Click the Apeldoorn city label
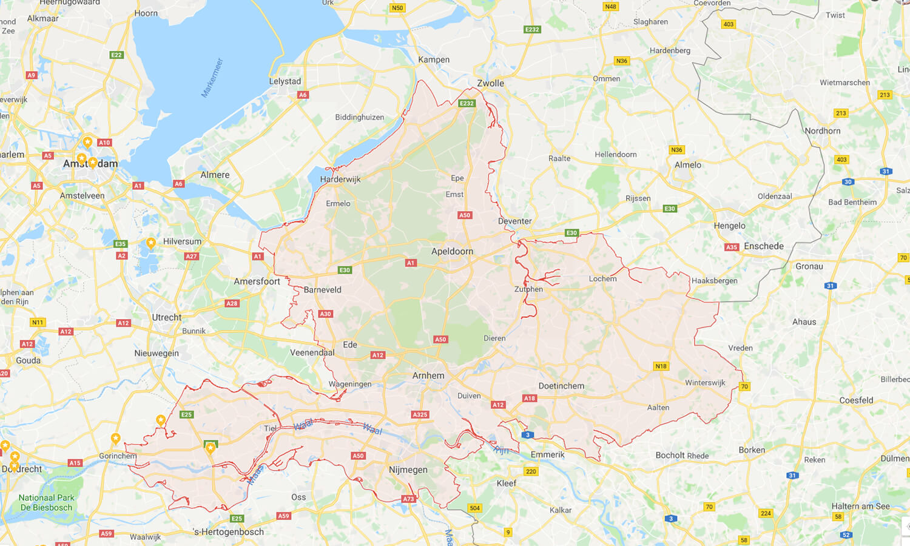click(452, 251)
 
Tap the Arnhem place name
click(428, 376)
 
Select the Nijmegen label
click(408, 470)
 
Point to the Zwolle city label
click(490, 83)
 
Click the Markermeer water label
click(212, 78)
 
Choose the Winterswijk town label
click(705, 383)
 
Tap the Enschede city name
click(764, 246)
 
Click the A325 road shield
click(420, 415)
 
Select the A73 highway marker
click(408, 499)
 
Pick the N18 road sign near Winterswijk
click(661, 366)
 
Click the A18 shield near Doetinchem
click(529, 399)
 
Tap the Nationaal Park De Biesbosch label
click(47, 502)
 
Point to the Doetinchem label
click(561, 386)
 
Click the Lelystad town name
click(285, 81)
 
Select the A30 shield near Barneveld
click(325, 314)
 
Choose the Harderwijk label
click(340, 179)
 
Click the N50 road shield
click(397, 8)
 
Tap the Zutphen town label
click(528, 289)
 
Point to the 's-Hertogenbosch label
click(228, 532)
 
